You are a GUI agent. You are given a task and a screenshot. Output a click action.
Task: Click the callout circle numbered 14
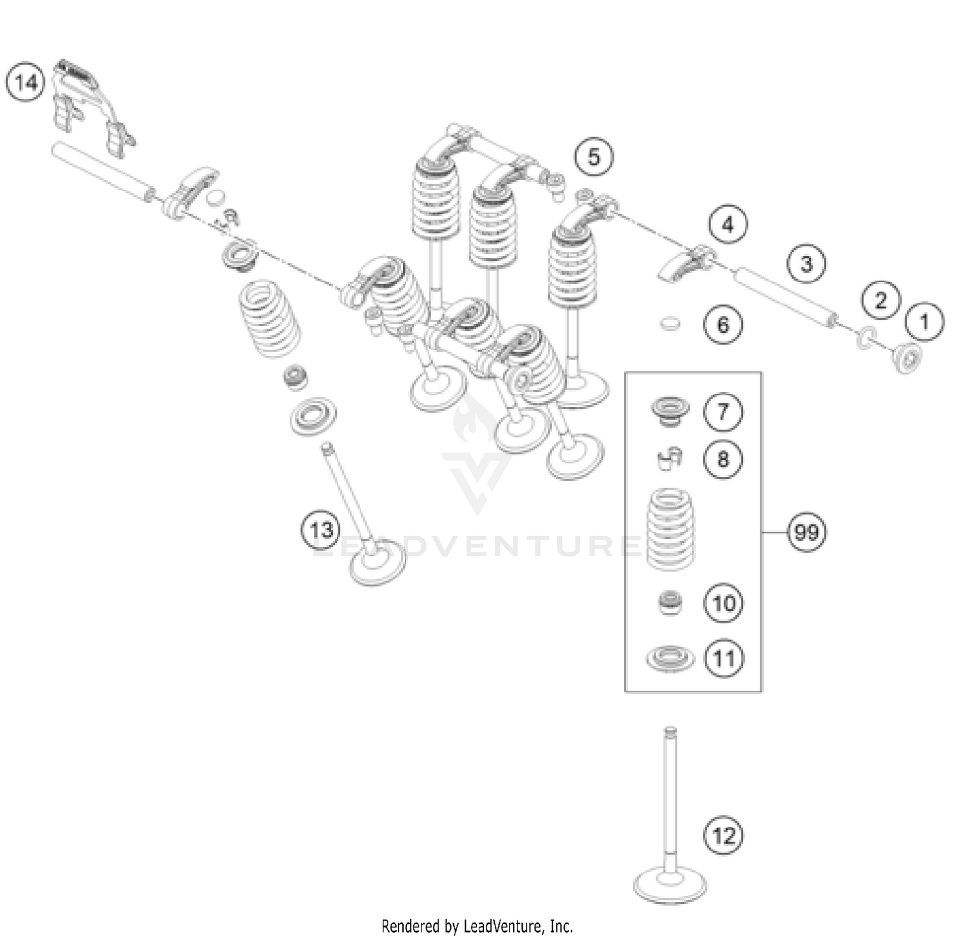pyautogui.click(x=25, y=83)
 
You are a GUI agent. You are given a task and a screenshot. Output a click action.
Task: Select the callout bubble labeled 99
pyautogui.click(x=807, y=531)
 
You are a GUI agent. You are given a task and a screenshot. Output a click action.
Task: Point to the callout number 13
pyautogui.click(x=322, y=529)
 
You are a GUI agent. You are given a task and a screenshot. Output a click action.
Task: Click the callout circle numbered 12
pyautogui.click(x=724, y=835)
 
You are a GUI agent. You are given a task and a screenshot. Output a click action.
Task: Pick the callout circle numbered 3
pyautogui.click(x=807, y=264)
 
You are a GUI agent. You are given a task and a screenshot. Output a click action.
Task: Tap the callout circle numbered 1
pyautogui.click(x=925, y=322)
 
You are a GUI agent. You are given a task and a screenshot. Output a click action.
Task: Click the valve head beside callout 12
pyautogui.click(x=670, y=884)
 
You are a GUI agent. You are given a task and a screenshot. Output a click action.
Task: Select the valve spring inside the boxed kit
pyautogui.click(x=670, y=529)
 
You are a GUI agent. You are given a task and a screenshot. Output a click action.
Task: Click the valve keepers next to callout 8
pyautogui.click(x=668, y=458)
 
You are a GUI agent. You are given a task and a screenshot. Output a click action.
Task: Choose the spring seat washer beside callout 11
pyautogui.click(x=670, y=658)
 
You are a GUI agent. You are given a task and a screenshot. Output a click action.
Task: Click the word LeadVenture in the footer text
pyautogui.click(x=512, y=925)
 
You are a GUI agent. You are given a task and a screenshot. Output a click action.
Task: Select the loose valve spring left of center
pyautogui.click(x=270, y=320)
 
